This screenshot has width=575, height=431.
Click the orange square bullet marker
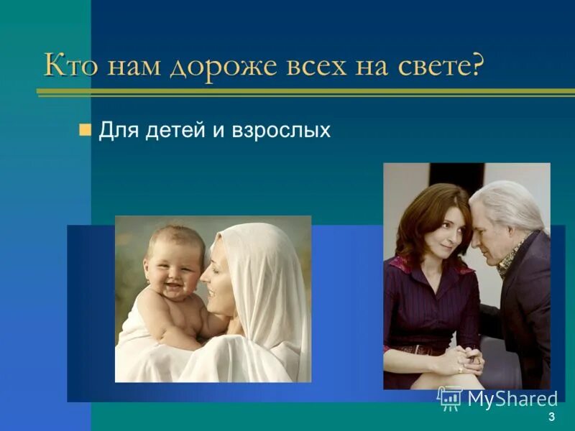tap(85, 130)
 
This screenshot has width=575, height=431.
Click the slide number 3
tap(551, 417)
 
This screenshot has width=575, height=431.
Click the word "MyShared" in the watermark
tap(512, 399)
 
